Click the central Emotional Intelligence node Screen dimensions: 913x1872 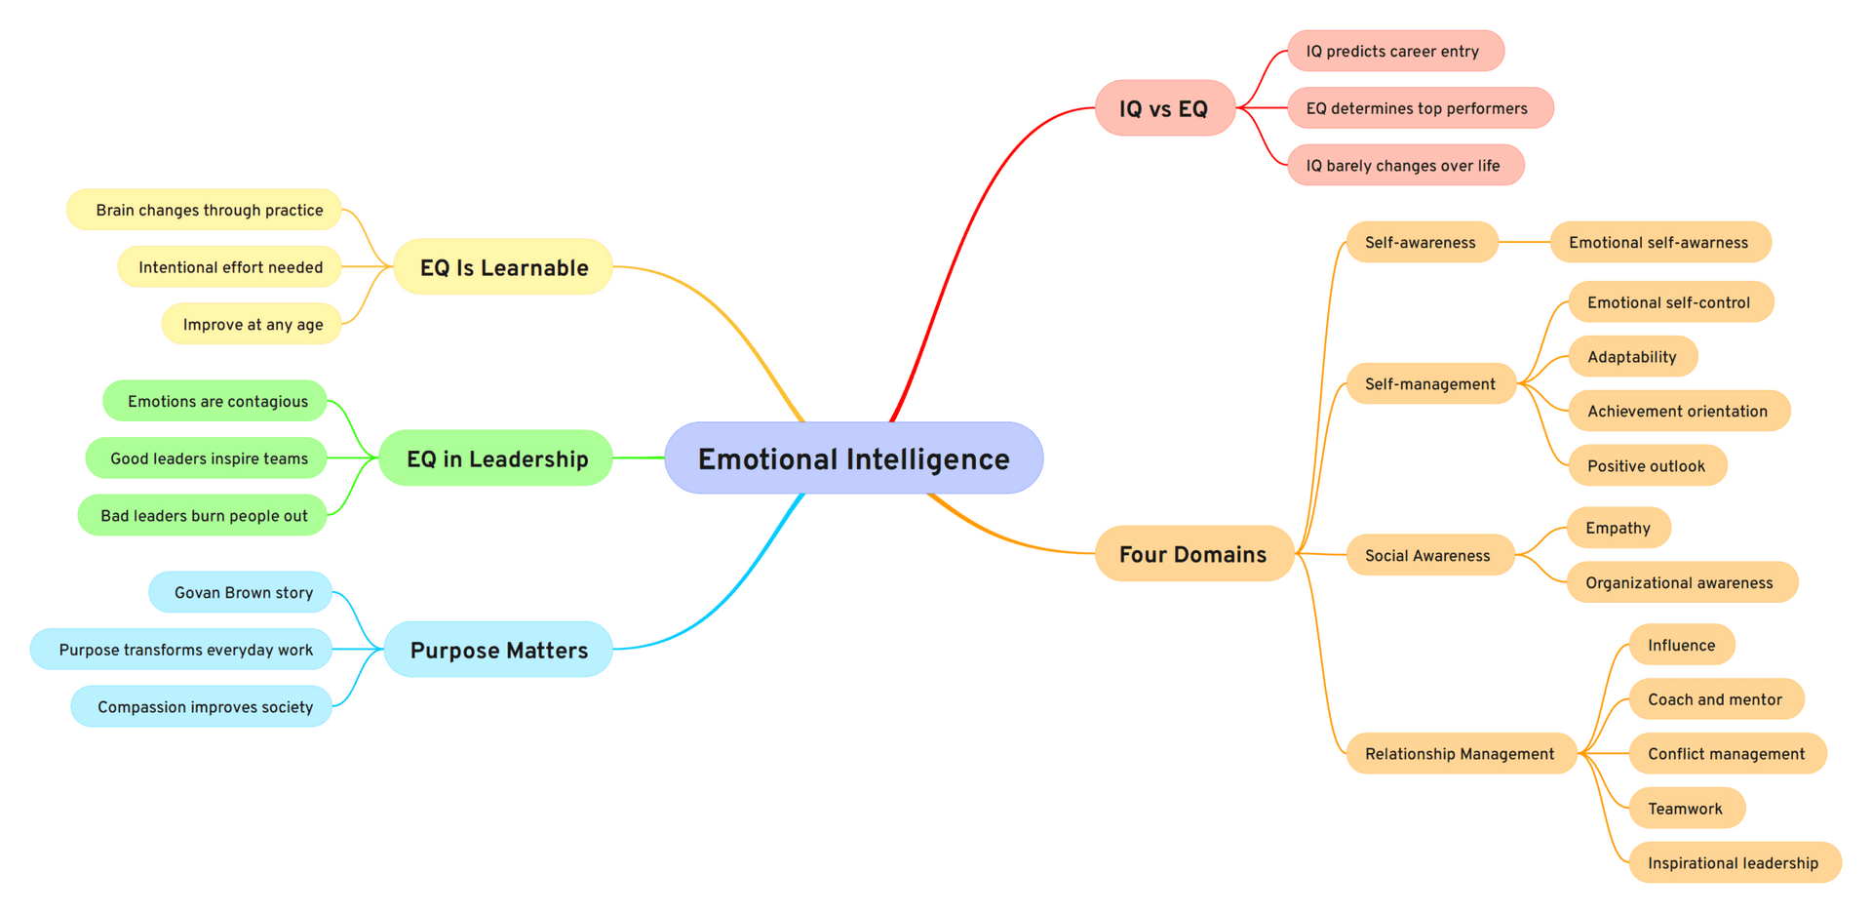click(x=853, y=458)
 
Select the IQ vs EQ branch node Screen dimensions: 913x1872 click(x=1164, y=108)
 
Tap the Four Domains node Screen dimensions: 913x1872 click(x=1193, y=554)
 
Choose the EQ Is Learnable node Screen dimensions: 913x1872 click(x=503, y=267)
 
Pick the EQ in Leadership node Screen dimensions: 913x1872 click(x=496, y=458)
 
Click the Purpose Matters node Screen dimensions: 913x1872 click(x=498, y=650)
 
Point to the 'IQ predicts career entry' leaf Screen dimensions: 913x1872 click(x=1394, y=51)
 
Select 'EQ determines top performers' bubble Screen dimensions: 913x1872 click(x=1419, y=108)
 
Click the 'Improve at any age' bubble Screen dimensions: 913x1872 click(x=252, y=324)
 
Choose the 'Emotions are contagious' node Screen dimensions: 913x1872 click(x=215, y=401)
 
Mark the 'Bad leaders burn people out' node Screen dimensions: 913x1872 click(x=203, y=515)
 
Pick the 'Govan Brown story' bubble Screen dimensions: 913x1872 click(x=242, y=592)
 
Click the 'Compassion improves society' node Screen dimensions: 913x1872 click(x=203, y=706)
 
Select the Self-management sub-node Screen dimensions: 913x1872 click(x=1429, y=383)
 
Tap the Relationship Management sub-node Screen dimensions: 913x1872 click(x=1460, y=753)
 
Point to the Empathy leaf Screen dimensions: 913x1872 click(x=1618, y=528)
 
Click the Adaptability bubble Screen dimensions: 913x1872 click(x=1632, y=356)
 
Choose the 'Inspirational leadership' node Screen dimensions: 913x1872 click(x=1734, y=862)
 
